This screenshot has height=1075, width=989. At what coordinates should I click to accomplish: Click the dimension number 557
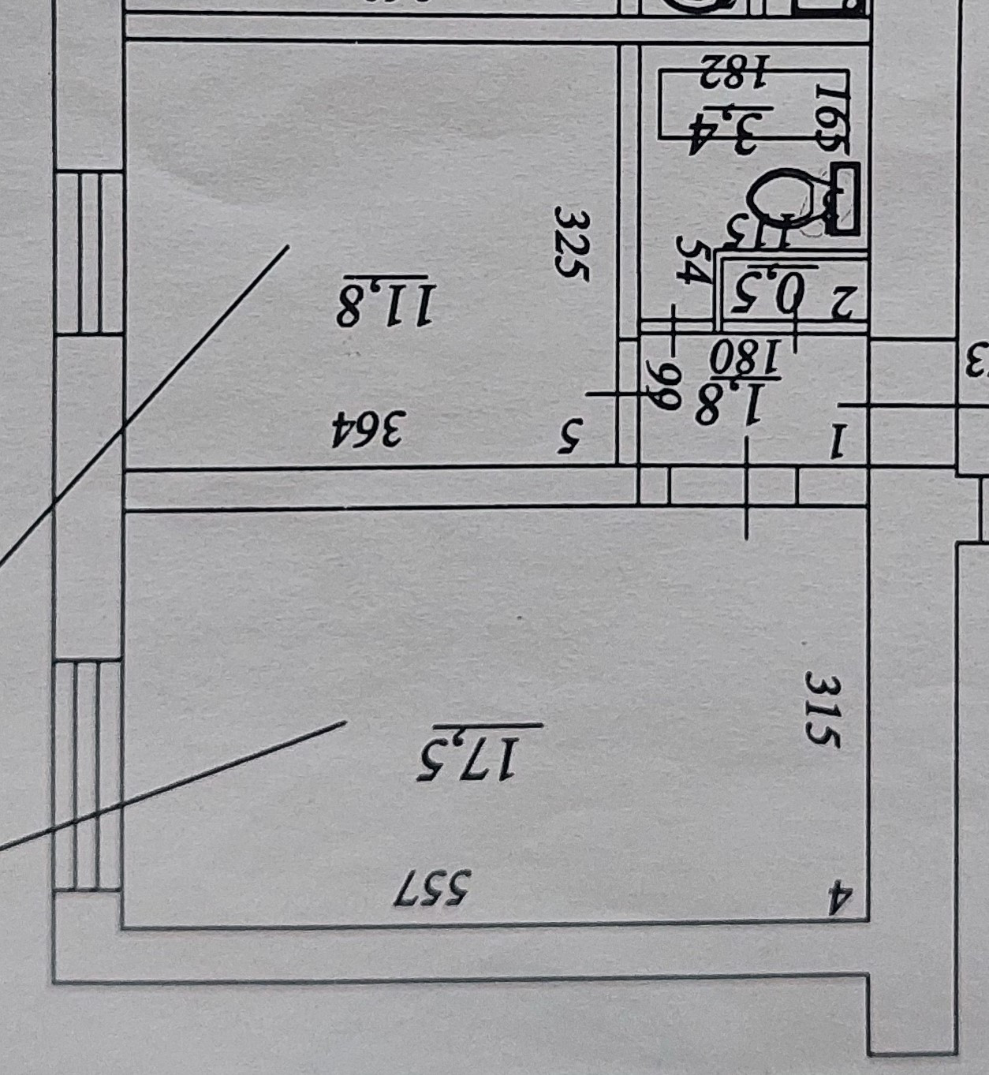[x=435, y=889]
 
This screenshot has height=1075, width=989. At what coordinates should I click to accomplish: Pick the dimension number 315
[x=823, y=709]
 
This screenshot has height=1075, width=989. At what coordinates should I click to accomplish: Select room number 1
[x=837, y=442]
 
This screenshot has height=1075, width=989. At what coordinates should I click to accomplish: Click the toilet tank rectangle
[x=845, y=198]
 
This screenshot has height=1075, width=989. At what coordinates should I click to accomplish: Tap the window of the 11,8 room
[x=89, y=252]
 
